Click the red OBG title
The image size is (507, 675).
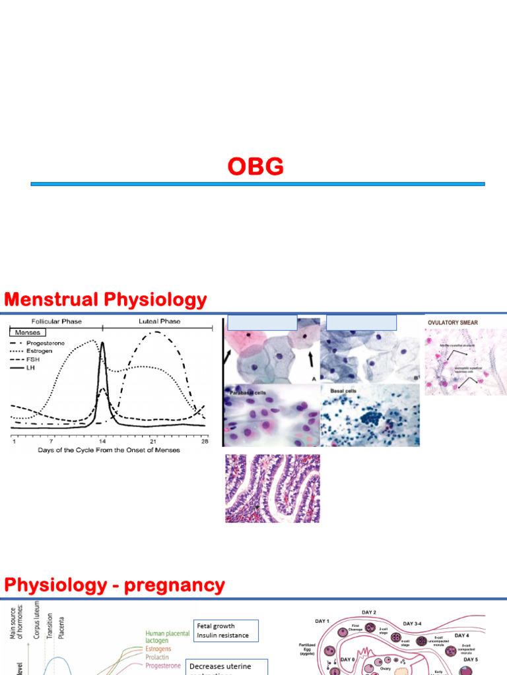[x=255, y=167]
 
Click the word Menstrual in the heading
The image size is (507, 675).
[x=52, y=300]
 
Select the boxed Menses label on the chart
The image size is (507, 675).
[x=27, y=333]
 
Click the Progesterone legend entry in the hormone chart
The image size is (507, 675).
[x=46, y=343]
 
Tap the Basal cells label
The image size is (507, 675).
[x=342, y=390]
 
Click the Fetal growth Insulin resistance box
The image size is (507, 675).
[x=224, y=630]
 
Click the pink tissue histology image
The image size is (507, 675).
[x=272, y=488]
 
